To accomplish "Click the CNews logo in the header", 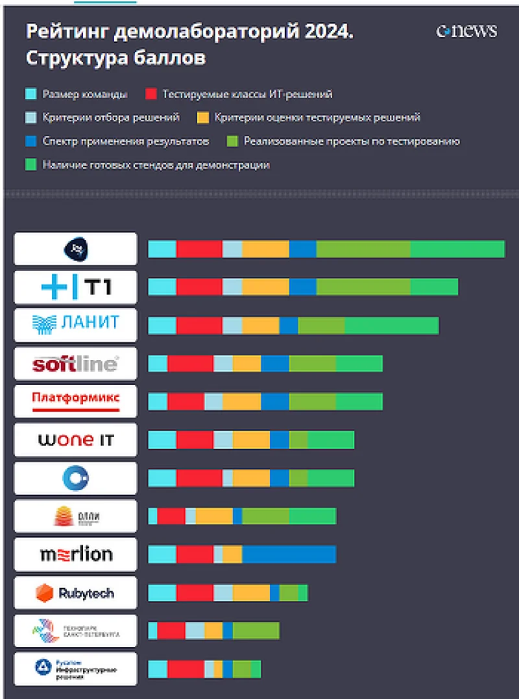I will [x=466, y=31].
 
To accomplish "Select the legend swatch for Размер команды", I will [x=30, y=94].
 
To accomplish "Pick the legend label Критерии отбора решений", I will [x=111, y=117].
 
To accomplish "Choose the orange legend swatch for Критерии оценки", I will [x=203, y=117].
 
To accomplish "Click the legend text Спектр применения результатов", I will [x=126, y=141].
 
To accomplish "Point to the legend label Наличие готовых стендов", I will [x=156, y=165].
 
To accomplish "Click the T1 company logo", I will [x=76, y=287].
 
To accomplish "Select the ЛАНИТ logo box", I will [x=76, y=325].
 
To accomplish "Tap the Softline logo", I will [x=76, y=364].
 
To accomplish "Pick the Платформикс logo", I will [x=76, y=401].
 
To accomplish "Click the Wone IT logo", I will [x=76, y=440].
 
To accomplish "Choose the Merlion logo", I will [x=76, y=554].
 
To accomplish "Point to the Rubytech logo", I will [x=76, y=593].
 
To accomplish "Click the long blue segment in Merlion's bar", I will [x=289, y=554].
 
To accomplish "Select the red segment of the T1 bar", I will [x=199, y=287].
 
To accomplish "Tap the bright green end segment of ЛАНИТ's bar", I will [x=391, y=326].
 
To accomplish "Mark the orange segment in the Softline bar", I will [x=247, y=364].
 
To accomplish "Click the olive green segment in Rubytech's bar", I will [x=289, y=593].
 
